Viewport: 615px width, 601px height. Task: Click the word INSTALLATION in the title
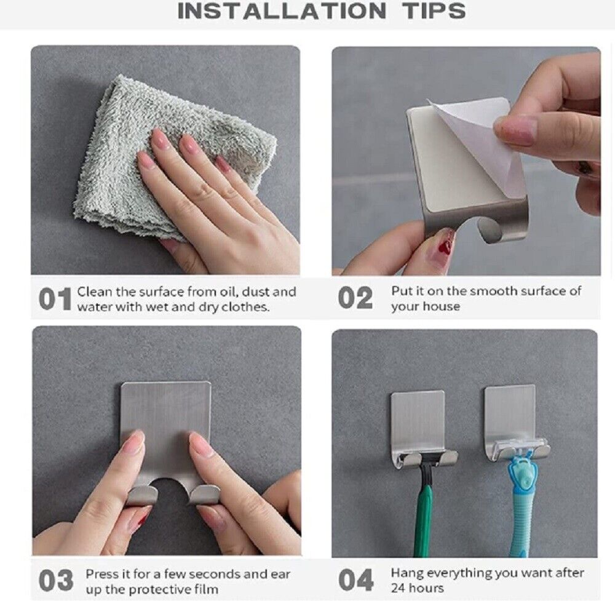click(282, 10)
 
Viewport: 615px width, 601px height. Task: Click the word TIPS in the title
click(434, 10)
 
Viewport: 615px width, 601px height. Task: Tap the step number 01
click(55, 300)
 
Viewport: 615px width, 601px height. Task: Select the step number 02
click(355, 298)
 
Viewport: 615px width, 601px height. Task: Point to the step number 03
click(56, 580)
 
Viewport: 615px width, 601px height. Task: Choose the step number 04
click(355, 580)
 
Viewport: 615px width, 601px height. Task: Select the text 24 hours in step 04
click(418, 588)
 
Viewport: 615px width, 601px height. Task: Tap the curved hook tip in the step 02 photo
click(490, 231)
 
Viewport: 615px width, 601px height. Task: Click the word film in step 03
click(207, 589)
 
